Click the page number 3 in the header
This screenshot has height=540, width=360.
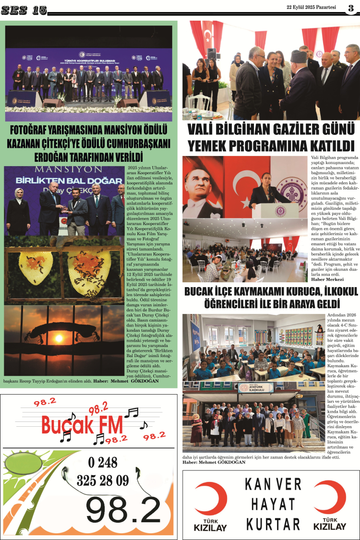tap(350, 8)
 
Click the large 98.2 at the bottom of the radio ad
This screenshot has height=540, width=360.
tap(123, 510)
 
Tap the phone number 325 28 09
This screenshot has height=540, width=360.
tap(103, 480)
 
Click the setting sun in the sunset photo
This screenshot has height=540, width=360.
tap(59, 338)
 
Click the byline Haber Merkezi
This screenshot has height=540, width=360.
tap(327, 279)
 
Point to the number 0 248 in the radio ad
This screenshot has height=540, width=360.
tap(103, 462)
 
